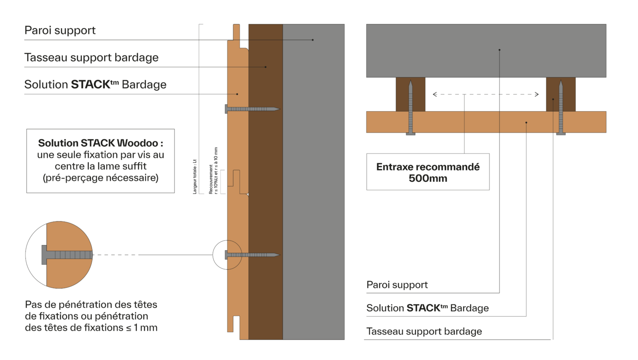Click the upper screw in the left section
(x=252, y=109)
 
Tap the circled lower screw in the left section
(x=252, y=255)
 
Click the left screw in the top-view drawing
(x=411, y=108)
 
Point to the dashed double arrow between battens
(x=486, y=95)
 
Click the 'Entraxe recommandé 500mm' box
(x=428, y=172)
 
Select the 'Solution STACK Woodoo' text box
(x=100, y=161)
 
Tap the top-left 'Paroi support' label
(x=60, y=31)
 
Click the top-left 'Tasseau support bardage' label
(x=92, y=58)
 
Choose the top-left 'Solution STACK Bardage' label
(x=95, y=85)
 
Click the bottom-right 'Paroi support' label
(x=397, y=285)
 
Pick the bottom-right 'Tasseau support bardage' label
(x=424, y=331)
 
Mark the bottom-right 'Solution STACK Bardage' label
(x=427, y=309)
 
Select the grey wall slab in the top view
(x=486, y=50)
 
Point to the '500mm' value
(x=428, y=179)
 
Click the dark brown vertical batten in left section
(x=266, y=182)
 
